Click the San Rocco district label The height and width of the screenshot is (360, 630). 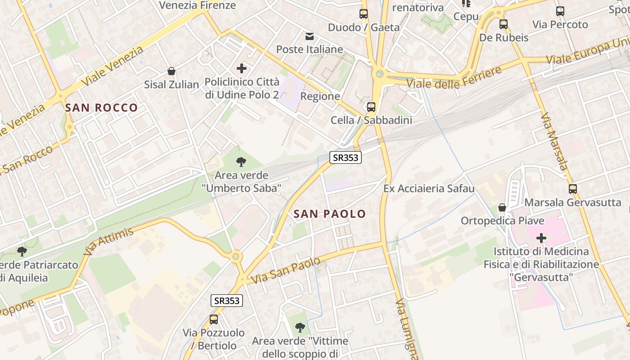[x=101, y=108]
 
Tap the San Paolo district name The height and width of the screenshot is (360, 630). [x=330, y=214]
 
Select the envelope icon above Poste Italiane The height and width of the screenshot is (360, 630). [x=310, y=36]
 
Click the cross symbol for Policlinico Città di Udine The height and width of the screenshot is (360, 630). [x=242, y=68]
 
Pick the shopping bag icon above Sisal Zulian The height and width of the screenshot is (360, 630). [x=171, y=71]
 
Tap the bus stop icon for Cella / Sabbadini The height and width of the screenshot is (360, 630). [x=371, y=107]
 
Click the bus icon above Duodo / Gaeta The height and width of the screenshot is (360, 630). [x=364, y=14]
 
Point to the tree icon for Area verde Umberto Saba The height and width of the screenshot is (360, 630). [x=241, y=162]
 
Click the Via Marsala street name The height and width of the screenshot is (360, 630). [x=555, y=142]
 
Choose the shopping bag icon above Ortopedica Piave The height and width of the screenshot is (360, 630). [x=502, y=207]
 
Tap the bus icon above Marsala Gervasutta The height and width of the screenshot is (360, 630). [x=572, y=189]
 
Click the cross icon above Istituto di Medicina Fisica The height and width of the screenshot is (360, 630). [x=541, y=237]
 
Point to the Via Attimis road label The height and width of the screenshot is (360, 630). [x=108, y=242]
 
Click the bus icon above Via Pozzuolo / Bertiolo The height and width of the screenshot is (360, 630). [x=214, y=319]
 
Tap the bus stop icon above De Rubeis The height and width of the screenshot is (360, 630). [x=504, y=24]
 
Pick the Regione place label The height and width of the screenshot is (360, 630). [x=320, y=96]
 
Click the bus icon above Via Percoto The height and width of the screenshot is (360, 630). [x=560, y=11]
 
